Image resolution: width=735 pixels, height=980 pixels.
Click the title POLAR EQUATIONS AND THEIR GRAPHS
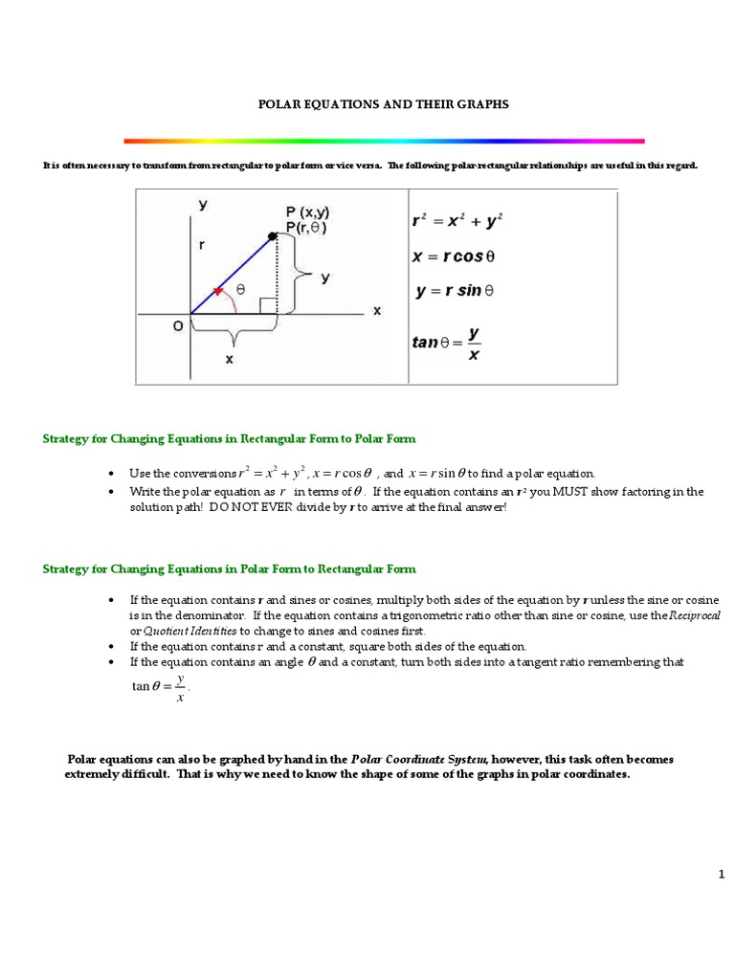(x=384, y=103)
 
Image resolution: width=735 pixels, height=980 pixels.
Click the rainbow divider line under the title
(x=384, y=141)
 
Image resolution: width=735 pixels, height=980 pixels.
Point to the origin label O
(x=178, y=326)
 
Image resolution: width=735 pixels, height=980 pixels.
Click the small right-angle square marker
(x=269, y=306)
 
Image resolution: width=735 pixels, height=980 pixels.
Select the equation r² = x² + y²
(x=457, y=220)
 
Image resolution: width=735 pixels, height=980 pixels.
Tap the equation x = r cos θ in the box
(x=454, y=256)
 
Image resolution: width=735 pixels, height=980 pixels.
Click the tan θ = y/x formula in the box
(x=448, y=340)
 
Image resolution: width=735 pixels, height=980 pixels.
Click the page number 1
(x=722, y=873)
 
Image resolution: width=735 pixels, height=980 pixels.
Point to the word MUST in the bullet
(x=559, y=492)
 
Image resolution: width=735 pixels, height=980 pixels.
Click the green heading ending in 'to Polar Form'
(x=230, y=438)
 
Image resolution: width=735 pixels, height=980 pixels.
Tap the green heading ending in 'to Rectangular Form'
(x=230, y=568)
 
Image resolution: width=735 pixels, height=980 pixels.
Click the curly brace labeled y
(x=305, y=277)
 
